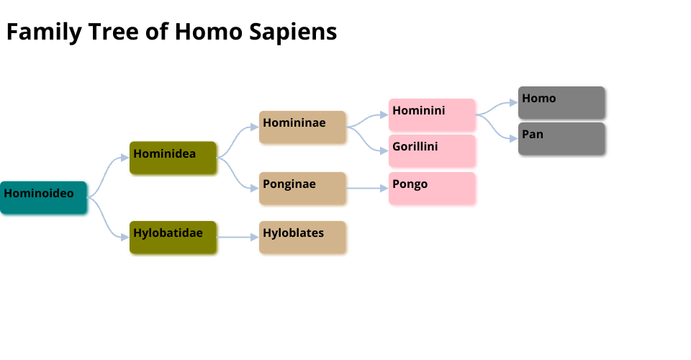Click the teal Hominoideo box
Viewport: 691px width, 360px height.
pos(43,197)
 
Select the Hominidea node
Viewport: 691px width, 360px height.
pos(173,158)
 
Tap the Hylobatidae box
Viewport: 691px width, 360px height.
pos(173,237)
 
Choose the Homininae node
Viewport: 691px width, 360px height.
pos(302,127)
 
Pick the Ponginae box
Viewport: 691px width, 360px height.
pos(302,188)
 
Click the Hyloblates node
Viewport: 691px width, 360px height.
pos(302,237)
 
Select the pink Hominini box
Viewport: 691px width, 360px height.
pos(432,114)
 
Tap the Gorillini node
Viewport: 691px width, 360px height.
pos(432,150)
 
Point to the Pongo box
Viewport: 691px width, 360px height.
pos(432,188)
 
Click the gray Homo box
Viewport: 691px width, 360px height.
pos(561,102)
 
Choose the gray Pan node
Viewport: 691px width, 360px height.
pos(561,138)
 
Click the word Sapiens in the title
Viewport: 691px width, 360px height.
pos(293,32)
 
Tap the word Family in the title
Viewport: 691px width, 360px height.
pos(44,32)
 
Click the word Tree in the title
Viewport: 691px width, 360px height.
pos(114,32)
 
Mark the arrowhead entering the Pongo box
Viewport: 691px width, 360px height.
pos(384,188)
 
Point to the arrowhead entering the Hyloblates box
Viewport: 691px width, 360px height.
pos(255,237)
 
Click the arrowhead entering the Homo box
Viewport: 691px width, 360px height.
pos(514,102)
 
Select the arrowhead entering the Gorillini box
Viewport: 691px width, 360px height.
pos(384,150)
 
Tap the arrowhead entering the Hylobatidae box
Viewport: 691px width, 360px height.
pos(125,237)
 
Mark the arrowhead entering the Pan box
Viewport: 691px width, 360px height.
pos(514,138)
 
